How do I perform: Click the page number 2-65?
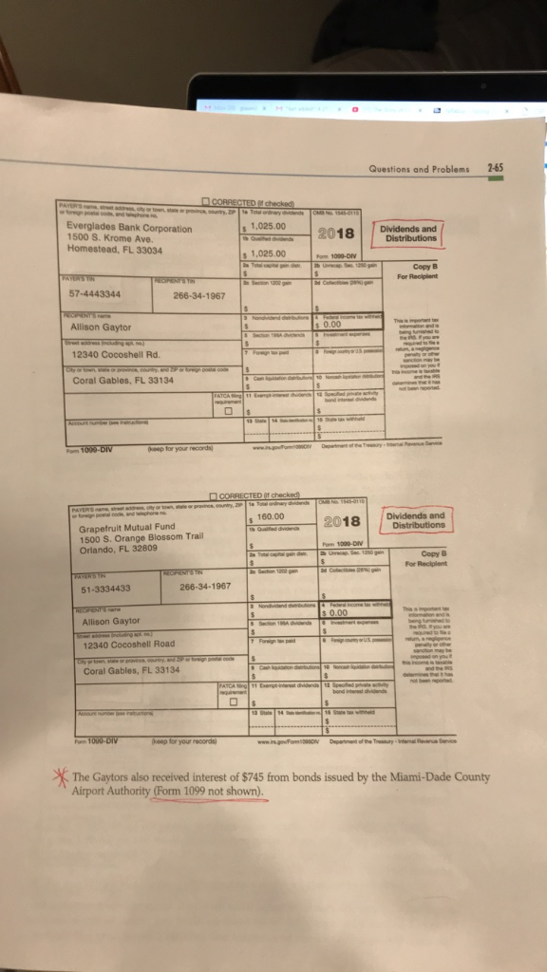tap(496, 162)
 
